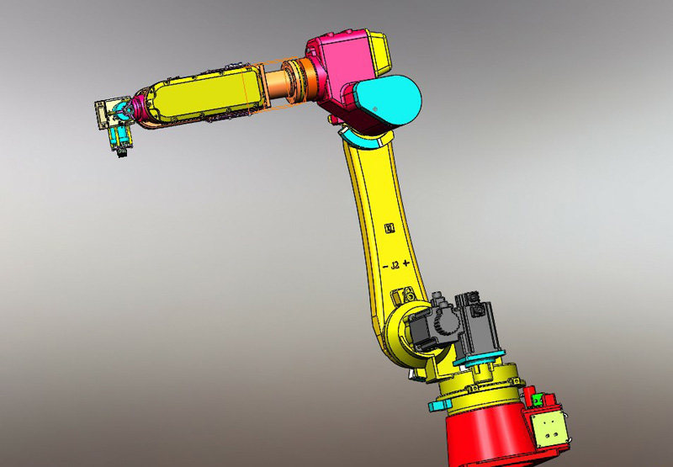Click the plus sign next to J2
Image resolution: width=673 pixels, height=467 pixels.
tap(407, 263)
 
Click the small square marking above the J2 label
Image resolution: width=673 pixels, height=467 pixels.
tap(389, 228)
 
